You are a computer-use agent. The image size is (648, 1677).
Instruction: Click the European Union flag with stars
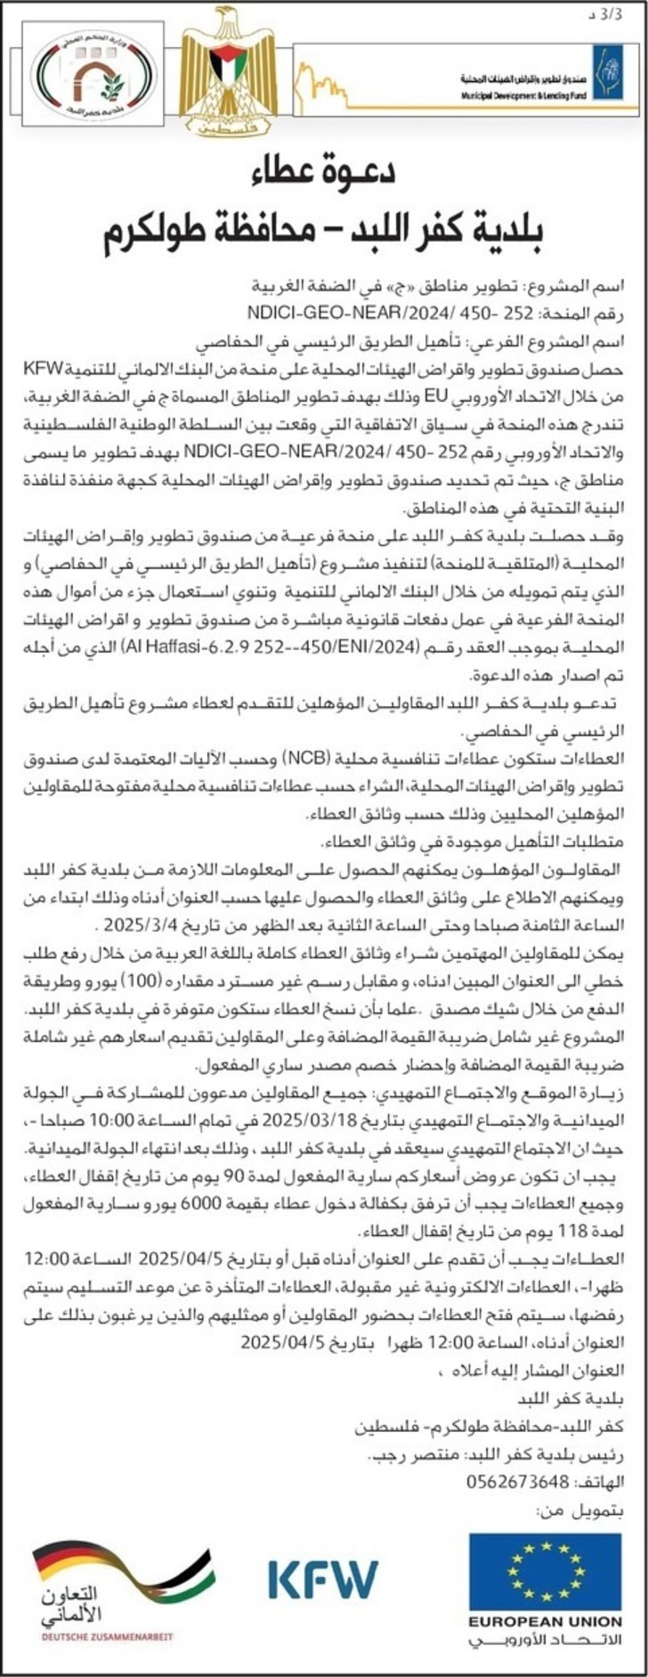point(545,1567)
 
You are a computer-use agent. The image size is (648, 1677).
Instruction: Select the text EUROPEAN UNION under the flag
point(545,1622)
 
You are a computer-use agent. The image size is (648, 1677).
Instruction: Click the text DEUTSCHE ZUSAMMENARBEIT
point(107,1636)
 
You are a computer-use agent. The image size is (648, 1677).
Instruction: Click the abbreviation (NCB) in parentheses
point(302,758)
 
